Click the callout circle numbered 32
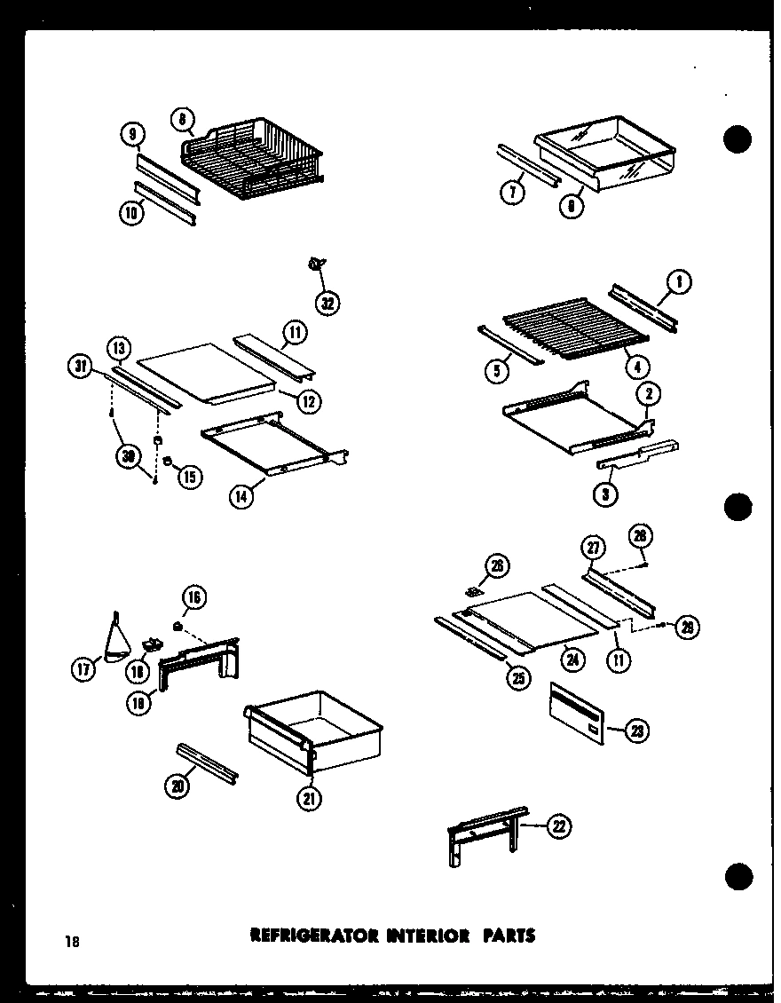(329, 303)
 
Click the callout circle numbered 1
(680, 284)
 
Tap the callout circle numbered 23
(636, 731)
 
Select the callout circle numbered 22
(558, 827)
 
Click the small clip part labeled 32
(315, 263)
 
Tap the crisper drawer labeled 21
(315, 732)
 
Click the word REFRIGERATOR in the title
(302, 935)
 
